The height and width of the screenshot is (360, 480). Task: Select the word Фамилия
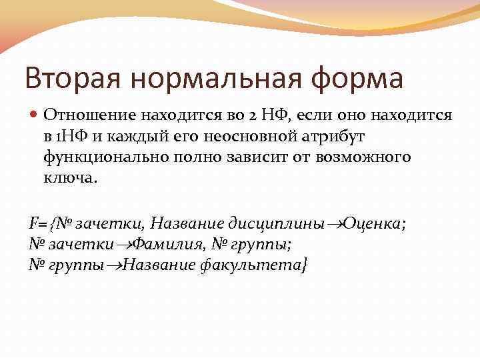(x=171, y=244)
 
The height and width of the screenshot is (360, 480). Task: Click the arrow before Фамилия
(x=124, y=245)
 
